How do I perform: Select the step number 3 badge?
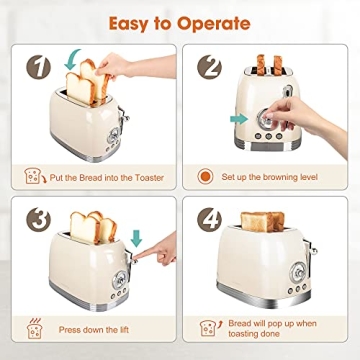point(38,217)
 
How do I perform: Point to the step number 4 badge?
point(208,217)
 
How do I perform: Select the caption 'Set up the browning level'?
point(280,177)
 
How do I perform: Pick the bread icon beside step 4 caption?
point(209,328)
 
